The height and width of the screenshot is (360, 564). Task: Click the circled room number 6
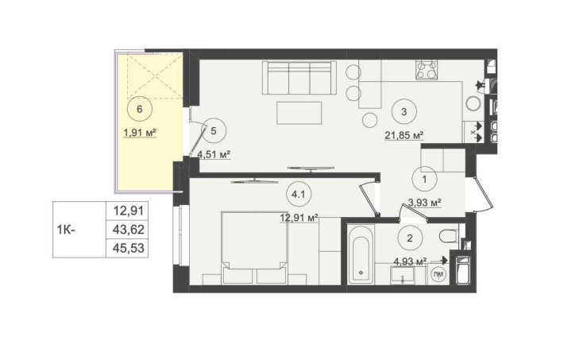140,109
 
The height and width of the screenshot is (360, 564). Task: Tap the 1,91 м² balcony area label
140,134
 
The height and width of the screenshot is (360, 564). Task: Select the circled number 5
214,131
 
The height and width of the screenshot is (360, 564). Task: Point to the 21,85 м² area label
404,135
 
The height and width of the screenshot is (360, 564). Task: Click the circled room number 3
404,112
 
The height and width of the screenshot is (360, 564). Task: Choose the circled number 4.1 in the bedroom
299,195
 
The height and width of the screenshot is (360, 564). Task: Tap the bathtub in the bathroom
361,254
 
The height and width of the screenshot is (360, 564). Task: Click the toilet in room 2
449,236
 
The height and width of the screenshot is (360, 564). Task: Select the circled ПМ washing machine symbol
438,274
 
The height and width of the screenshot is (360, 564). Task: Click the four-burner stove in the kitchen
427,70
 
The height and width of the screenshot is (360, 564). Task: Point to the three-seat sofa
299,77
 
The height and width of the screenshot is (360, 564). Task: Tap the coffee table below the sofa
299,113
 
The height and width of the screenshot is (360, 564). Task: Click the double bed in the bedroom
255,248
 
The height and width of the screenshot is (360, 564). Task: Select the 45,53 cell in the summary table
128,248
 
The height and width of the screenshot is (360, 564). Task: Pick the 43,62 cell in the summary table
128,230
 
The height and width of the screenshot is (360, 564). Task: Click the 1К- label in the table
66,230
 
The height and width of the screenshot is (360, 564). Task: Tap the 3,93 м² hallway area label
424,203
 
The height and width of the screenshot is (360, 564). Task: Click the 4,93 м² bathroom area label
410,261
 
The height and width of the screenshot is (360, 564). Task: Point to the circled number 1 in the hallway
424,179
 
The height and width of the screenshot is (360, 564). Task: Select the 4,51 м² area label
214,154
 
